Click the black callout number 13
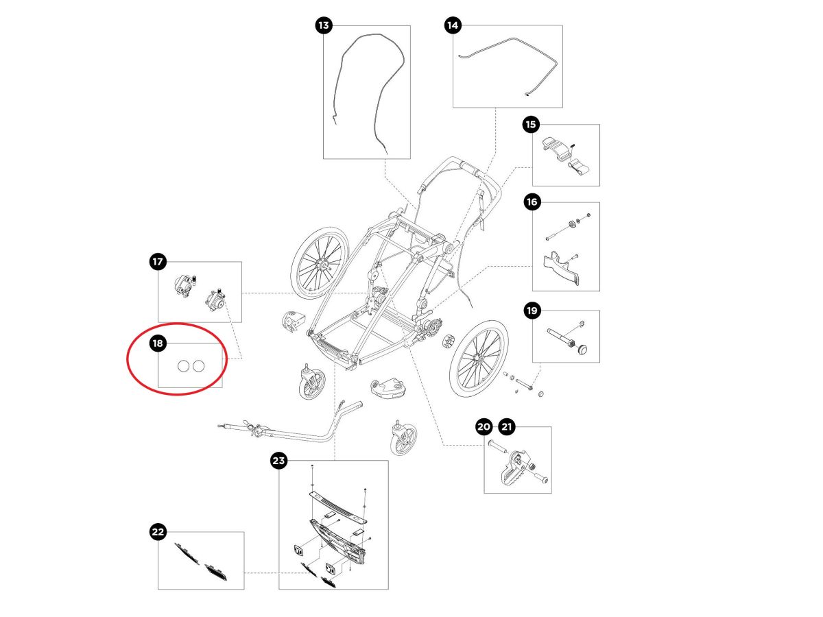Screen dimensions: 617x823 [x=324, y=26]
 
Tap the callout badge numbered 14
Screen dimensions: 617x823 [x=453, y=26]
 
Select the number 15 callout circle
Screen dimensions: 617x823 [x=532, y=125]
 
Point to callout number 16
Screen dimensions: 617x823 [x=532, y=202]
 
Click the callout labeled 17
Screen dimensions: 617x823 [x=158, y=261]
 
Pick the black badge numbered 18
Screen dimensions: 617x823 [x=158, y=343]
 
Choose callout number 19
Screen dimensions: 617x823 [x=532, y=311]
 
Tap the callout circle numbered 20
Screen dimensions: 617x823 [x=484, y=427]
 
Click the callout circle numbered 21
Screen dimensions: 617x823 [x=507, y=427]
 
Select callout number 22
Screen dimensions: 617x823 [x=158, y=532]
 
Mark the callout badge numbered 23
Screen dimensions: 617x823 [x=278, y=461]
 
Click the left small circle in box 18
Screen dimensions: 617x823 [x=183, y=367]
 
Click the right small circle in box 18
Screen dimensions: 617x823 [x=198, y=367]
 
